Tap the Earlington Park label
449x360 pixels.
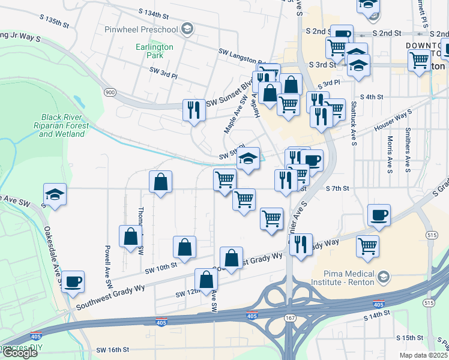click(x=154, y=51)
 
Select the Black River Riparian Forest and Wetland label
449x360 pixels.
click(x=64, y=125)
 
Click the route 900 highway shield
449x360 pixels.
click(x=110, y=92)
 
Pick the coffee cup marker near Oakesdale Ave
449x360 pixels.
click(x=73, y=282)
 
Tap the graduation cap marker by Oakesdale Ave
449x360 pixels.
click(x=55, y=194)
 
